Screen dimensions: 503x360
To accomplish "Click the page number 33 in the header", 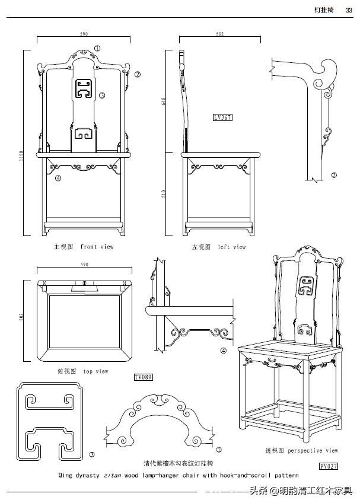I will (349, 9).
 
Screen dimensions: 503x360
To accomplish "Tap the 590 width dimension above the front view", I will (84, 34).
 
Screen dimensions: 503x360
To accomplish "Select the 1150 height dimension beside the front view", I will (20, 156).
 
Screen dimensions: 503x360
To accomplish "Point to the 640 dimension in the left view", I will (163, 102).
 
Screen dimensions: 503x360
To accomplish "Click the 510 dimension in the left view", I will (163, 193).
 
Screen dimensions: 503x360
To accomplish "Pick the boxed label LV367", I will (222, 117).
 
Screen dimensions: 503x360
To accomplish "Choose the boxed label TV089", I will (144, 377).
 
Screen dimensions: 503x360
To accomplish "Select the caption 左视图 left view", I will (218, 247).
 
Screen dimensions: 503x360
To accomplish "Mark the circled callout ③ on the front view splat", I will (102, 95).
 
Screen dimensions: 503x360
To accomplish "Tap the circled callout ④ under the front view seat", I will (58, 177).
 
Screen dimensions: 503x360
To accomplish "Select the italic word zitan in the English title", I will (112, 475).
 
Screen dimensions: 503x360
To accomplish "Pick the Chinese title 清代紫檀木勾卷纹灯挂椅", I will (178, 463).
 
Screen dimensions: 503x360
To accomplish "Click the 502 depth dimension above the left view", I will (220, 34).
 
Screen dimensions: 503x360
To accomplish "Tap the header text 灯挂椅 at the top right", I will (325, 9).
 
